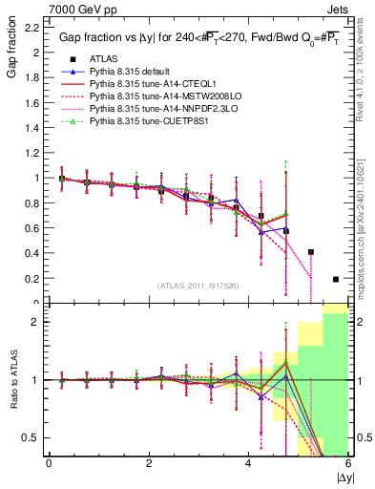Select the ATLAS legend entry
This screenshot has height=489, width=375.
tap(102, 59)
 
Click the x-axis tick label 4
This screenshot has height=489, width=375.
tap(248, 462)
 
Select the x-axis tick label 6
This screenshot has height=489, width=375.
tap(348, 462)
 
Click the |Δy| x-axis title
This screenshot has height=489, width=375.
tap(339, 477)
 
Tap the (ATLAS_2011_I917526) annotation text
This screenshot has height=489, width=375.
tap(197, 286)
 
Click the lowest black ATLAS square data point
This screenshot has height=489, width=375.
tap(336, 279)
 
